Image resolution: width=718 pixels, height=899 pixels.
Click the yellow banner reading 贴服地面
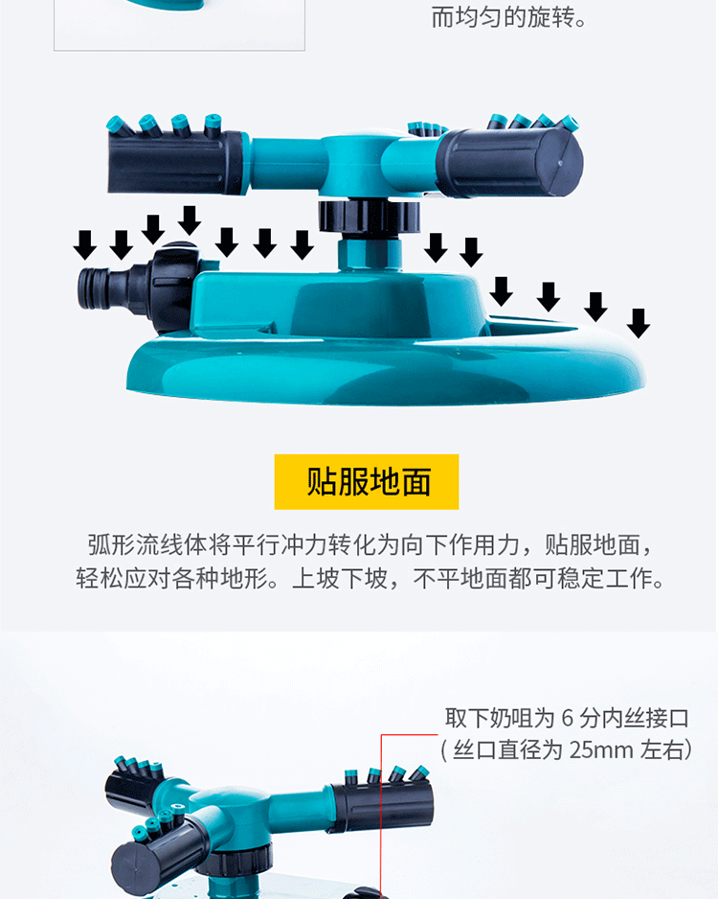(x=367, y=481)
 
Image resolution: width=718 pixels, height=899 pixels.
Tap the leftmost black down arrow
(x=85, y=244)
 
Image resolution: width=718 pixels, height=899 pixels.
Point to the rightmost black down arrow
(x=639, y=323)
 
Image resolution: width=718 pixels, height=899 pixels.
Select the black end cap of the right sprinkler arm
(x=509, y=162)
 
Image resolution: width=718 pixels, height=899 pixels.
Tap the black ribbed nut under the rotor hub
(x=369, y=217)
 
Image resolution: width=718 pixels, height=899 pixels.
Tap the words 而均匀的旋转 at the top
(x=503, y=18)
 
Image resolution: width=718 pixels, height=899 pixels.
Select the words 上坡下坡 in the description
(x=340, y=579)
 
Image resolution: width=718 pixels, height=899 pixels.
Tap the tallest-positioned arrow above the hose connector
(x=190, y=220)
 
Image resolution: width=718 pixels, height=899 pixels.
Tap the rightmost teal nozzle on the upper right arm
(x=569, y=124)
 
